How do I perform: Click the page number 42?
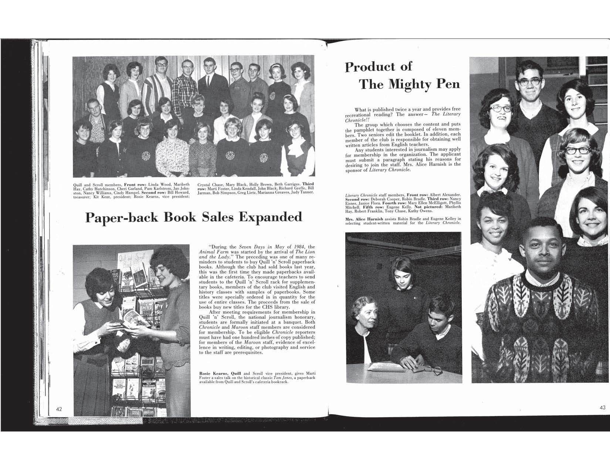point(59,409)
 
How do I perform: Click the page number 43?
point(602,408)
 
